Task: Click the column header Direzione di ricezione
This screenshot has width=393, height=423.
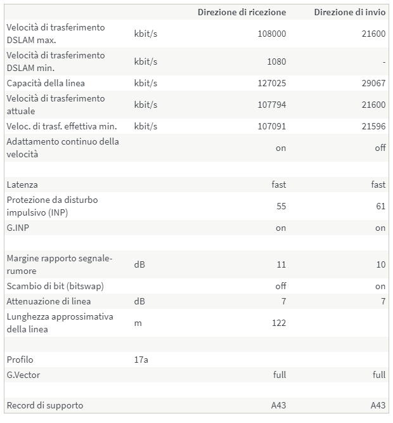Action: pyautogui.click(x=242, y=12)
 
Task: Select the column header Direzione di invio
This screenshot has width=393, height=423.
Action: pyautogui.click(x=349, y=12)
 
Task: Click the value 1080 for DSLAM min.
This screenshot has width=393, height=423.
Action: pyautogui.click(x=276, y=62)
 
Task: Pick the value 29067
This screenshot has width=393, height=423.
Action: pyautogui.click(x=372, y=83)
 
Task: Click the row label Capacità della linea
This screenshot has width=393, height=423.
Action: pyautogui.click(x=46, y=83)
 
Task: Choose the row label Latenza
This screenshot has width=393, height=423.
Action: pyautogui.click(x=22, y=185)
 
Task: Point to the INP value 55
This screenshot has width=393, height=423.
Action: pyautogui.click(x=281, y=206)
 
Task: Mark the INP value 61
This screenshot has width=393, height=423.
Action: pyautogui.click(x=380, y=206)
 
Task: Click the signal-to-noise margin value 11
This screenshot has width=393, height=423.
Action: pyautogui.click(x=281, y=264)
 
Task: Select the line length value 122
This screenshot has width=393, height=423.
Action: pyautogui.click(x=278, y=323)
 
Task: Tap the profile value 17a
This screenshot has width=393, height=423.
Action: pyautogui.click(x=141, y=360)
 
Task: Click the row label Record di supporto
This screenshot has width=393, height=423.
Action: pyautogui.click(x=45, y=405)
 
